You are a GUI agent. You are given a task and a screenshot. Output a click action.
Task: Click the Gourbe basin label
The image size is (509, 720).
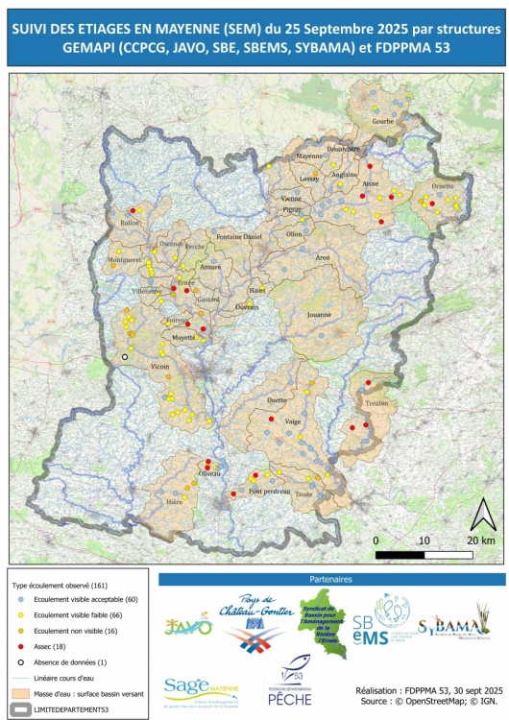[383, 122]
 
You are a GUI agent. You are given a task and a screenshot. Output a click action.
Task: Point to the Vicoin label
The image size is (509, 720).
[159, 367]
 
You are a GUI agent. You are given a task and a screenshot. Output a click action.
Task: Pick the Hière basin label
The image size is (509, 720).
[174, 501]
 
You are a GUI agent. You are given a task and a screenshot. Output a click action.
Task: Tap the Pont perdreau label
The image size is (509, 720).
[269, 491]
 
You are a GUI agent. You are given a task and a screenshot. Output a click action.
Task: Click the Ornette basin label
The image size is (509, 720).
[443, 186]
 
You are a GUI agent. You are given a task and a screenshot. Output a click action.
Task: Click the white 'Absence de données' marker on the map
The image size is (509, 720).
[124, 357]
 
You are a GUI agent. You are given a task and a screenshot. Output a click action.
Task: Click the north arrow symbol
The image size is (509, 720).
[481, 516]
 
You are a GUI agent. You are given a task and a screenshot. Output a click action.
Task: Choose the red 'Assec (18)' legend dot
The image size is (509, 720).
[20, 647]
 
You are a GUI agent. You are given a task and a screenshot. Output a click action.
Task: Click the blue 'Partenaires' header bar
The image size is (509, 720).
[331, 580]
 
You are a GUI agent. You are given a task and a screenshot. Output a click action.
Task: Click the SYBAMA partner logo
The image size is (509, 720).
[453, 627]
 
